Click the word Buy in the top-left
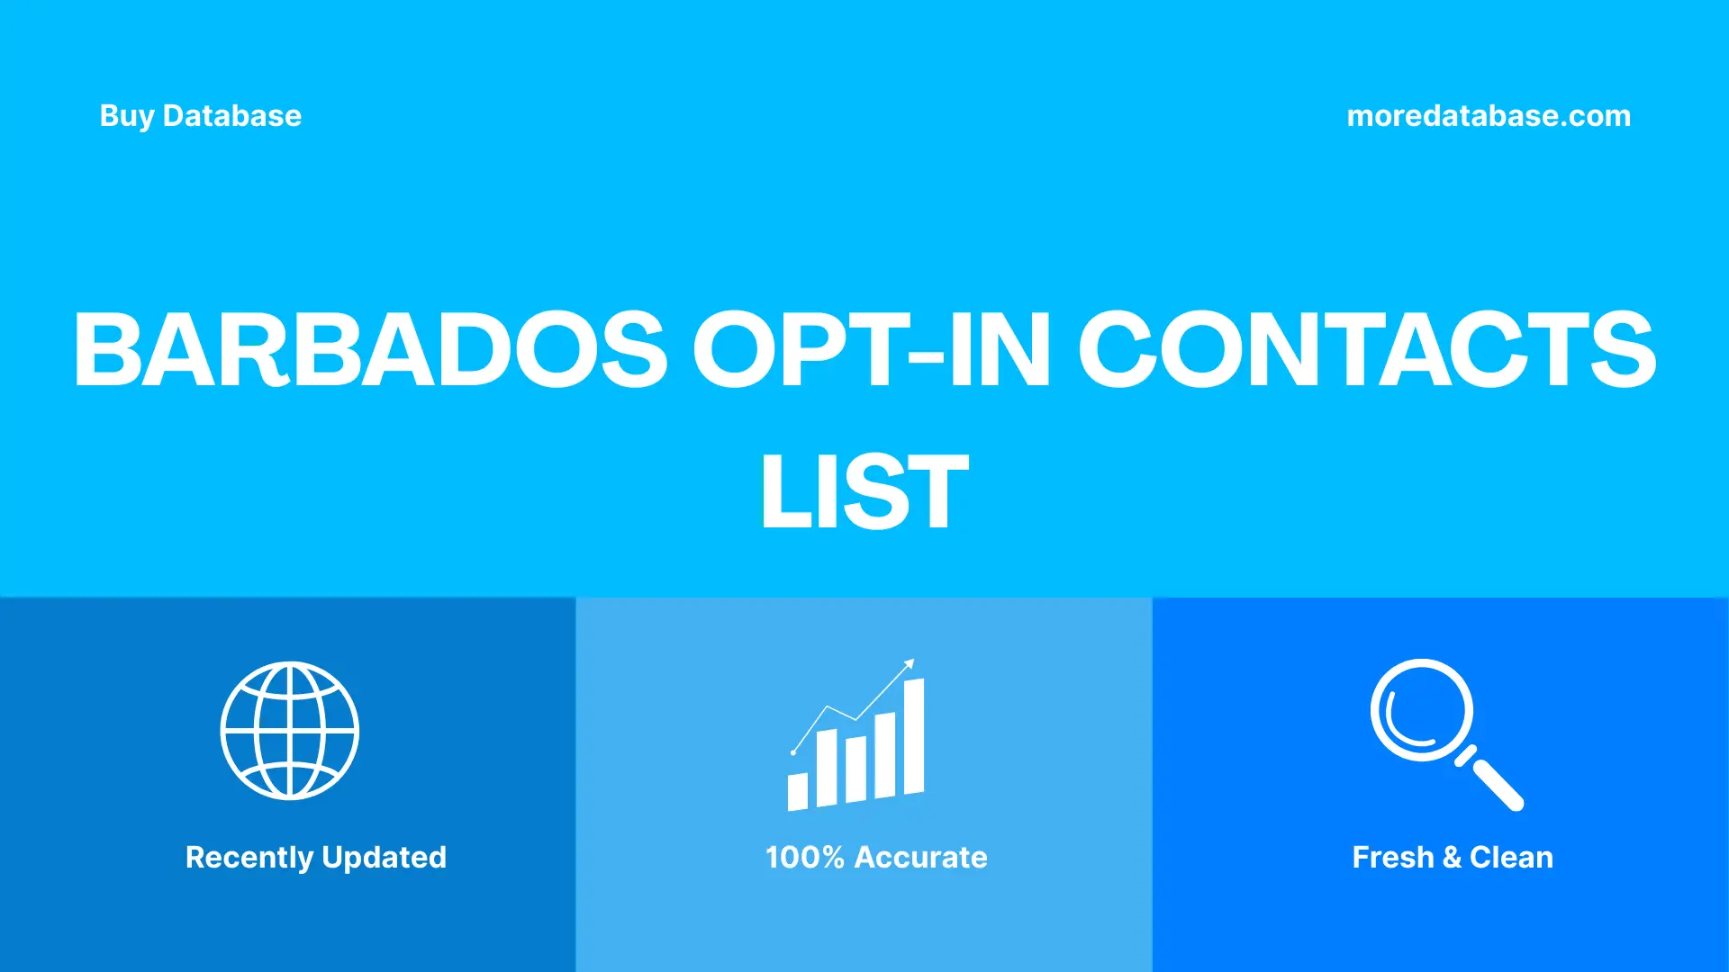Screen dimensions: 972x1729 126,116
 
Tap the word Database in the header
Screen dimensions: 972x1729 231,116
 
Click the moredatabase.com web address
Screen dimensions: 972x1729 1488,116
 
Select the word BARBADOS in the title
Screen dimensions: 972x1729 369,349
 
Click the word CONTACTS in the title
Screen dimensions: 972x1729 1366,349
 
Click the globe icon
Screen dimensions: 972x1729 290,730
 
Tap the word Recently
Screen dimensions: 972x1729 249,858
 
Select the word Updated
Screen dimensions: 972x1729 384,858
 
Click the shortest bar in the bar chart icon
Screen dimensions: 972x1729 797,791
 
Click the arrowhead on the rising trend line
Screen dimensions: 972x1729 910,664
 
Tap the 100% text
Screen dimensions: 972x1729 804,858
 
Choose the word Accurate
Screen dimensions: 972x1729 920,858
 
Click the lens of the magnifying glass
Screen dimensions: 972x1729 1421,709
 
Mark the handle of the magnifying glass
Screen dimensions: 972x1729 1497,784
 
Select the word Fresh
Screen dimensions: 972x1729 1392,858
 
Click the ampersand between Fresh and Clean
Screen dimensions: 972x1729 1451,858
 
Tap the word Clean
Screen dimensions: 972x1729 1511,858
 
